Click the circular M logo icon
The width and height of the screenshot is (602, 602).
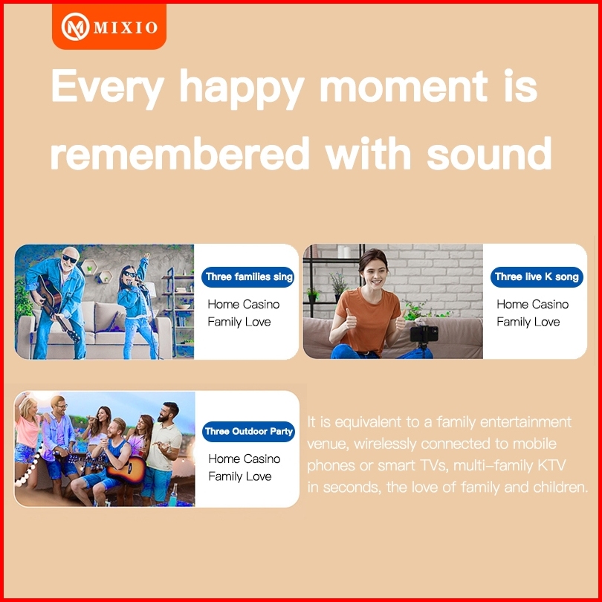[x=75, y=27]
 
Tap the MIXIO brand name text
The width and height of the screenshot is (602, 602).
[x=126, y=27]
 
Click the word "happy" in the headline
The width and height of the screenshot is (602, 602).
[x=242, y=89]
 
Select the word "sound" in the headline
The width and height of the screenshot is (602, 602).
[x=489, y=154]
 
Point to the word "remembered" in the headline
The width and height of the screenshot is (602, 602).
[x=180, y=154]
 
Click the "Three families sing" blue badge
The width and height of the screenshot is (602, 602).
[x=248, y=276]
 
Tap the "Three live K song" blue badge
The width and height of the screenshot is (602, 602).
[x=537, y=276]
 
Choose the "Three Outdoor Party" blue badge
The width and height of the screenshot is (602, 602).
[x=248, y=432]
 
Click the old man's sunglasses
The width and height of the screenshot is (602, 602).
[x=70, y=259]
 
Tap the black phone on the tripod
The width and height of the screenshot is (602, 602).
[x=424, y=333]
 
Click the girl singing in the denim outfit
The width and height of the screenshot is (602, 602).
[x=137, y=305]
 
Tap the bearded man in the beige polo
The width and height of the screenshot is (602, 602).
[x=164, y=453]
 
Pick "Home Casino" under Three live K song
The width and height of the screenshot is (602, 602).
[x=532, y=305]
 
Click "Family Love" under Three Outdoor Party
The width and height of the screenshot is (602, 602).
[x=240, y=477]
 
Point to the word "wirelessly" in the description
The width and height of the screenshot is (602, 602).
[x=385, y=444]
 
